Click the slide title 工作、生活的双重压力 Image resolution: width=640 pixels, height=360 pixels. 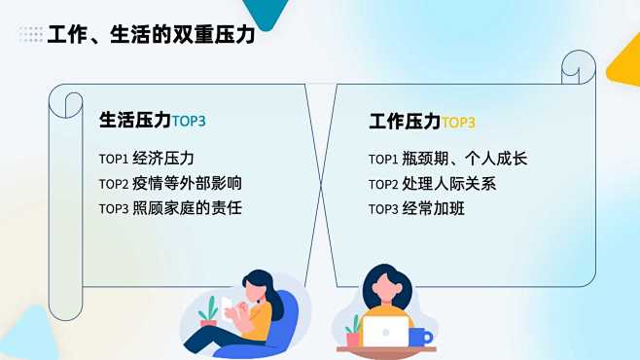pos(151,35)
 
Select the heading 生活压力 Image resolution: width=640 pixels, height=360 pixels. pos(134,121)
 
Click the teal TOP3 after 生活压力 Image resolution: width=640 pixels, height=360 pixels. pos(189,122)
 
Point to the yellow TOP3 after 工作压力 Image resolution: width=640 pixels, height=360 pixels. pos(458,123)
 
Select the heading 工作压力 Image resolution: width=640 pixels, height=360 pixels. pos(405,122)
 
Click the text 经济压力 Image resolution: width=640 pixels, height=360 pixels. pos(163,159)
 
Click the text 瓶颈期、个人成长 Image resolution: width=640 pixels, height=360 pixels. pos(465,159)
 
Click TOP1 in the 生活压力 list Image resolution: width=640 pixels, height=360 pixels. pos(113,159)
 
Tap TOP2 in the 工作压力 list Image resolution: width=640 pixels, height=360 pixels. pos(383,184)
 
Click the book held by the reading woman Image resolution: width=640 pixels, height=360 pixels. pos(233,310)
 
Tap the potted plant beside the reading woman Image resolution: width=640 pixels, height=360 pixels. pos(207,312)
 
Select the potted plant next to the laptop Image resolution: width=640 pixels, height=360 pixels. pos(352,331)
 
